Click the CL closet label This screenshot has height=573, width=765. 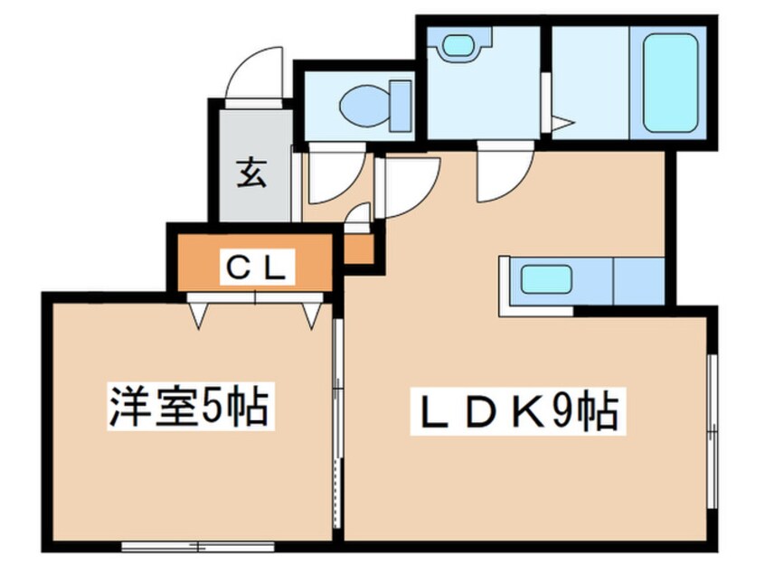tap(256, 266)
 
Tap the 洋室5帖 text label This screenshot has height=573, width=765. tap(188, 407)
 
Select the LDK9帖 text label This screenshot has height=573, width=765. tap(514, 413)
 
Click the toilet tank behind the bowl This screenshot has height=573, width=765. tap(399, 105)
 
